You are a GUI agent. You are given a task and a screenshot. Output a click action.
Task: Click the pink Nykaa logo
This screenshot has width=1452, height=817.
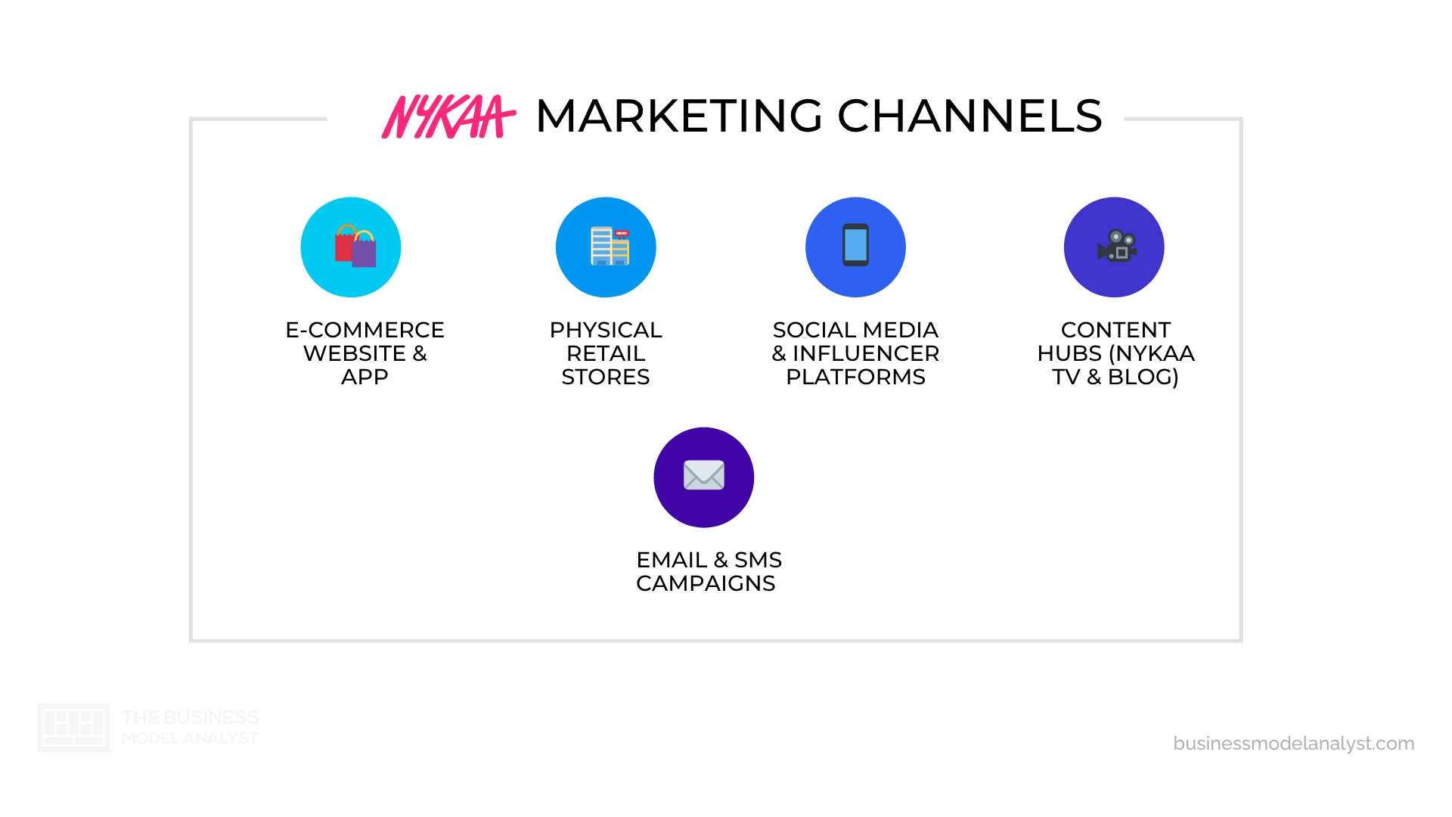coord(448,116)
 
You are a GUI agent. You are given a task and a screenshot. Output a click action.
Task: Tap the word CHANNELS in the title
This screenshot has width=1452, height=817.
coord(970,116)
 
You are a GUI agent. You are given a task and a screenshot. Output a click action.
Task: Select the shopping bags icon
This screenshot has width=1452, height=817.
coord(355,247)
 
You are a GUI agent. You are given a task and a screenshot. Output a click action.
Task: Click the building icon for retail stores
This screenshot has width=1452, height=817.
coord(609,247)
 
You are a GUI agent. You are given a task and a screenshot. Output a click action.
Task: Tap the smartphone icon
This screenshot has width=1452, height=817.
coord(855,245)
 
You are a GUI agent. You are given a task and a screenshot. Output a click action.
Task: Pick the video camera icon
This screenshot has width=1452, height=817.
coord(1116,246)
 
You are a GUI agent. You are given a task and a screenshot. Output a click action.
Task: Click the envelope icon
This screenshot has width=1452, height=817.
coord(703,476)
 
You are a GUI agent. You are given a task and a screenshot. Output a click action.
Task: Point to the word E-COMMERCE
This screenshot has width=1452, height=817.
coord(365,331)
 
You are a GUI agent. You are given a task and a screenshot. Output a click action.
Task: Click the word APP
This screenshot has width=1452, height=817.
coord(365,377)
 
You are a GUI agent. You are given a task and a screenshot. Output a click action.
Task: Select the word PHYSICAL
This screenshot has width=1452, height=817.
coord(606,331)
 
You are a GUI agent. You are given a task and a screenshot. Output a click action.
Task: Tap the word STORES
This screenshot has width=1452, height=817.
coord(606,377)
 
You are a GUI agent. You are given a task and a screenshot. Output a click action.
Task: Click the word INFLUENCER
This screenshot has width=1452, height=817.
coord(865,354)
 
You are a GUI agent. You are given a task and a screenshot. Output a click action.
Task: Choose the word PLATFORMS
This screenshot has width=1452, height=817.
coord(855,377)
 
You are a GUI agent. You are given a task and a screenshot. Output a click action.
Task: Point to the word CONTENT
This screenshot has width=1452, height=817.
coord(1115,331)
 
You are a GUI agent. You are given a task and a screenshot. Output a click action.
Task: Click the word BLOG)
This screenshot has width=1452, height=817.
coord(1143,377)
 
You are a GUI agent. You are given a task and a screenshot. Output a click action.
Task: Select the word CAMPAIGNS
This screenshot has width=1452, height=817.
coord(706,583)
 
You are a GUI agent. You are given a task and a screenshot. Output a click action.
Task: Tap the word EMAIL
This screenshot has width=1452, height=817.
coord(672,560)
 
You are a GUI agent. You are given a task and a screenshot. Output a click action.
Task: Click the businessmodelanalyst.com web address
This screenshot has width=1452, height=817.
coord(1293,744)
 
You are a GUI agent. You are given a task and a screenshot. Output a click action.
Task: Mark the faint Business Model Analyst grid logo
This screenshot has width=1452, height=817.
coord(73,727)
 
